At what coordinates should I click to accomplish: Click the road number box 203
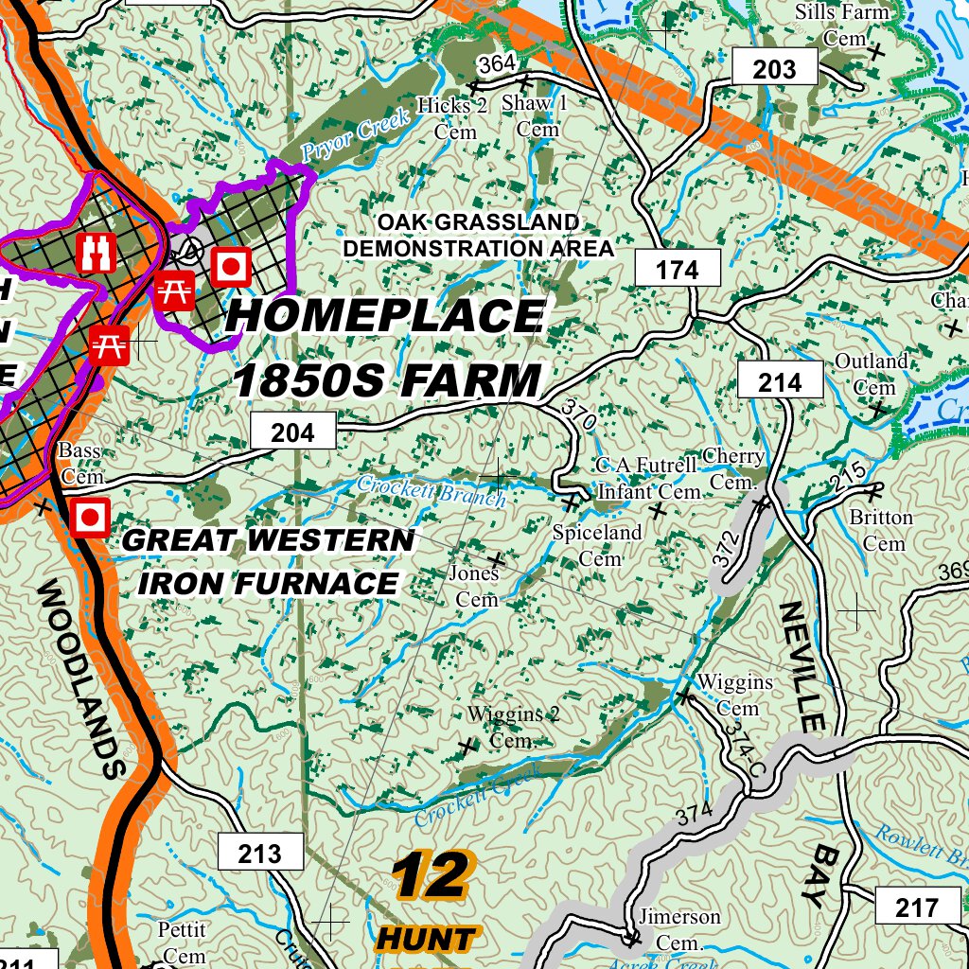[x=774, y=68]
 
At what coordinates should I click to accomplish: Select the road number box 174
[x=678, y=270]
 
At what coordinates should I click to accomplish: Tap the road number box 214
[x=780, y=381]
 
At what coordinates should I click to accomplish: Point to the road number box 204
[x=292, y=432]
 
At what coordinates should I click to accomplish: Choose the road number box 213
[x=260, y=854]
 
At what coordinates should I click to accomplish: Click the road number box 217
[x=916, y=907]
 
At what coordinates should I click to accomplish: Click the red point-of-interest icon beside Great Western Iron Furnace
[x=90, y=518]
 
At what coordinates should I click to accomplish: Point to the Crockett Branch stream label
[x=432, y=490]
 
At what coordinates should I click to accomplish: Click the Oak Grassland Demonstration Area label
[x=478, y=235]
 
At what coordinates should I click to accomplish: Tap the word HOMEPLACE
[x=385, y=316]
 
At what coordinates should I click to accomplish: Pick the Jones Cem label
[x=475, y=587]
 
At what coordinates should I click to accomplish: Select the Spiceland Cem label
[x=597, y=545]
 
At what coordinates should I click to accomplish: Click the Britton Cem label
[x=882, y=530]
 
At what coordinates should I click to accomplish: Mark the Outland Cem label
[x=872, y=374]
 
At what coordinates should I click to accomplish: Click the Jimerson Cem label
[x=679, y=929]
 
